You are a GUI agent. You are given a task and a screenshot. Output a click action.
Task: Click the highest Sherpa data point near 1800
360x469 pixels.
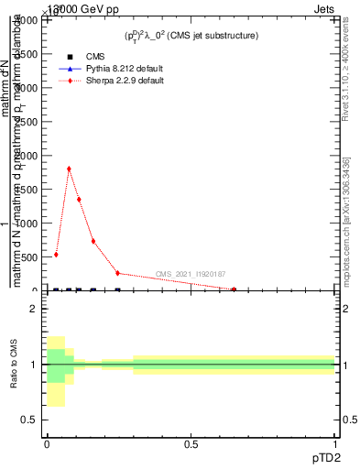point(69,169)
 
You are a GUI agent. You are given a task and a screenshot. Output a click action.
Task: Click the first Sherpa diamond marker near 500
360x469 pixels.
point(56,255)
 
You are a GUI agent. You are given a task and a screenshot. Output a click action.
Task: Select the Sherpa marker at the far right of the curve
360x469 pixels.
point(235,289)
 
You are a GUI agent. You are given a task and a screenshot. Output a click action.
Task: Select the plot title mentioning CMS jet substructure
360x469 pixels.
point(191,36)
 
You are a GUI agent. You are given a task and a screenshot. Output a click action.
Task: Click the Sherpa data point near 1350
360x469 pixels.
point(79,200)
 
